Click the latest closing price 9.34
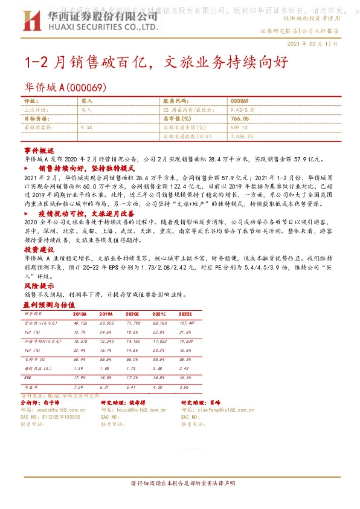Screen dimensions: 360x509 86,128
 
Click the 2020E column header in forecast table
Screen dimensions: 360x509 133,314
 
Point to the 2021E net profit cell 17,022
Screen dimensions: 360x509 159,341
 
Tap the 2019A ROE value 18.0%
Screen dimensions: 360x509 106,376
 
